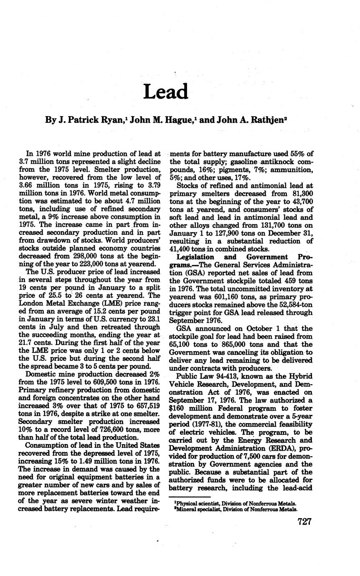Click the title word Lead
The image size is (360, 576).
(166, 91)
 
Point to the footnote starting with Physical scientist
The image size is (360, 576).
(235, 503)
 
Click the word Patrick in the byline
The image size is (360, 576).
(87, 120)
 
